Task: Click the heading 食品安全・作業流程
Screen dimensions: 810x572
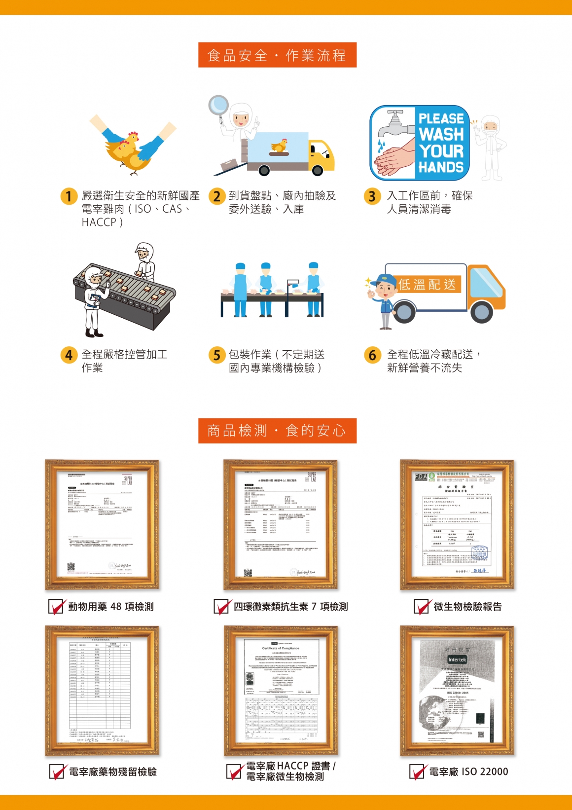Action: coord(277,55)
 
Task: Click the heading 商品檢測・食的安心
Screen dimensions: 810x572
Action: coord(277,431)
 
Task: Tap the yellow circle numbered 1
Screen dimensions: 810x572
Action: coord(69,196)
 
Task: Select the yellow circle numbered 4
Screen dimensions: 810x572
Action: coord(69,355)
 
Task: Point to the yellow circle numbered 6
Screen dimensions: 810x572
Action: coord(372,355)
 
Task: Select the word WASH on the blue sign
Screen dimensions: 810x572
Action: coord(441,134)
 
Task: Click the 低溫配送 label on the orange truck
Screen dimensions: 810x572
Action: coord(427,285)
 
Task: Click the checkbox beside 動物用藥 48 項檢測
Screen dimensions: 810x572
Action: coord(56,606)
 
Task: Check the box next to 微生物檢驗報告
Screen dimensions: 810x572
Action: coord(422,606)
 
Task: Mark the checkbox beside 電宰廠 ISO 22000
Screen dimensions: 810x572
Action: coord(418,772)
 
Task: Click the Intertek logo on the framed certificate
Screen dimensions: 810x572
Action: coord(457,660)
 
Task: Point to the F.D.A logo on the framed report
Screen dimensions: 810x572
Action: coord(421,477)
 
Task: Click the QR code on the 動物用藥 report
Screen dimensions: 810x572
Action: coord(71,567)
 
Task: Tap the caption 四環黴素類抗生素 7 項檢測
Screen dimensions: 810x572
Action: coord(290,607)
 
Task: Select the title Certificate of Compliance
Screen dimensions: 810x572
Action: coord(281,648)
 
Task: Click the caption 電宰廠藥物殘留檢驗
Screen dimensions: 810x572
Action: coord(112,772)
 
